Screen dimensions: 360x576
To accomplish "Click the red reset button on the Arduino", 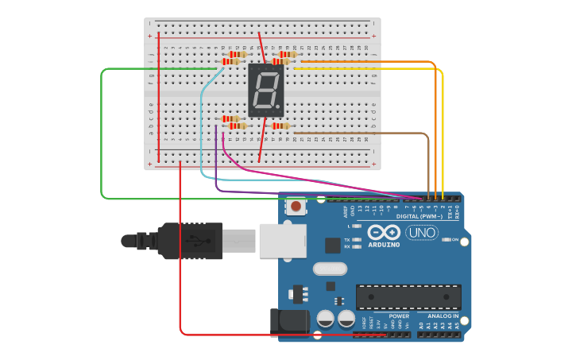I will (x=296, y=207).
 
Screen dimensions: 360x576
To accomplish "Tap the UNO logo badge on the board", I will (x=421, y=233).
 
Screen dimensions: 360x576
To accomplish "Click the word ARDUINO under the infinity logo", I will (x=384, y=245).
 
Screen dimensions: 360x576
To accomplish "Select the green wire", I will (x=102, y=135).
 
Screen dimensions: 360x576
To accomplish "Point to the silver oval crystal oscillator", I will (x=330, y=269).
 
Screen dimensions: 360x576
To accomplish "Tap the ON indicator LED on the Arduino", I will (x=445, y=239).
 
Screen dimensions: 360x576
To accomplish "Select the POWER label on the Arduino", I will (x=399, y=316).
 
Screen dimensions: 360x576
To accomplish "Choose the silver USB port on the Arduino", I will (x=282, y=240).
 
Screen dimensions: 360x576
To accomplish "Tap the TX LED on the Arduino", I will (x=357, y=239).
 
